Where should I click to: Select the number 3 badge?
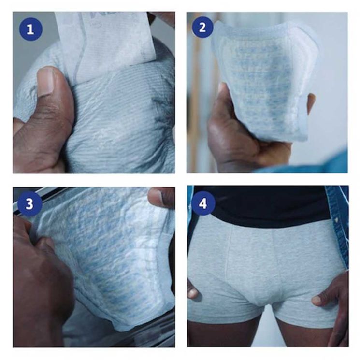29,203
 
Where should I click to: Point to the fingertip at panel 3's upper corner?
162,196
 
